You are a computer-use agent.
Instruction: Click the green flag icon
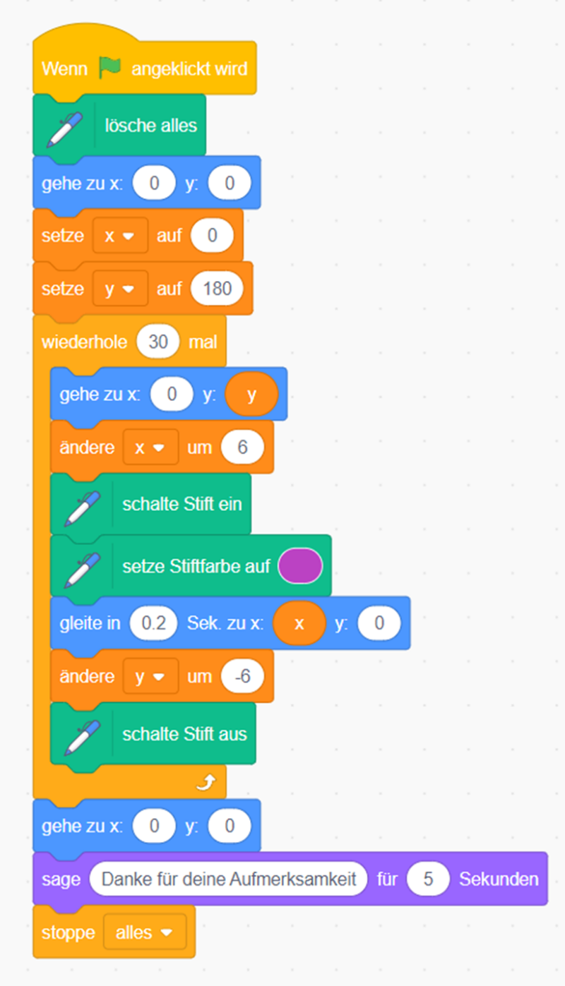[x=110, y=68]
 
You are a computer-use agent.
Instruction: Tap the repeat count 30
[x=158, y=342]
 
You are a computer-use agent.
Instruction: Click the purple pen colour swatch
[x=300, y=566]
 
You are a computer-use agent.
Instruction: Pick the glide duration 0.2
[x=153, y=623]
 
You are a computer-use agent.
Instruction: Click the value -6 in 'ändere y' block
[x=242, y=676]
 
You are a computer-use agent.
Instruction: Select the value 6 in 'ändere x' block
[x=242, y=447]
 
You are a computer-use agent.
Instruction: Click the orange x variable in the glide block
[x=299, y=623]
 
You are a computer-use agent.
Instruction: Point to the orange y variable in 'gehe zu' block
[x=251, y=394]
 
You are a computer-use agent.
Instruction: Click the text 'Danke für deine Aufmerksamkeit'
[x=229, y=879]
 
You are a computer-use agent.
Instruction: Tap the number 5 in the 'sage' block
[x=428, y=879]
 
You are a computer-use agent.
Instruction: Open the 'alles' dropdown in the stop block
[x=144, y=932]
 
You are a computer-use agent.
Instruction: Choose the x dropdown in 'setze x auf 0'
[x=119, y=236]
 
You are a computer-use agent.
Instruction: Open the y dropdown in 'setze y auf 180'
[x=119, y=289]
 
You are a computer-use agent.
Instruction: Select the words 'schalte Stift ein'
[x=182, y=504]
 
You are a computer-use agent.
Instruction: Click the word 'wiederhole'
[x=84, y=342]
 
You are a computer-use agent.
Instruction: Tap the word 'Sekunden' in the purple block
[x=499, y=879]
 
